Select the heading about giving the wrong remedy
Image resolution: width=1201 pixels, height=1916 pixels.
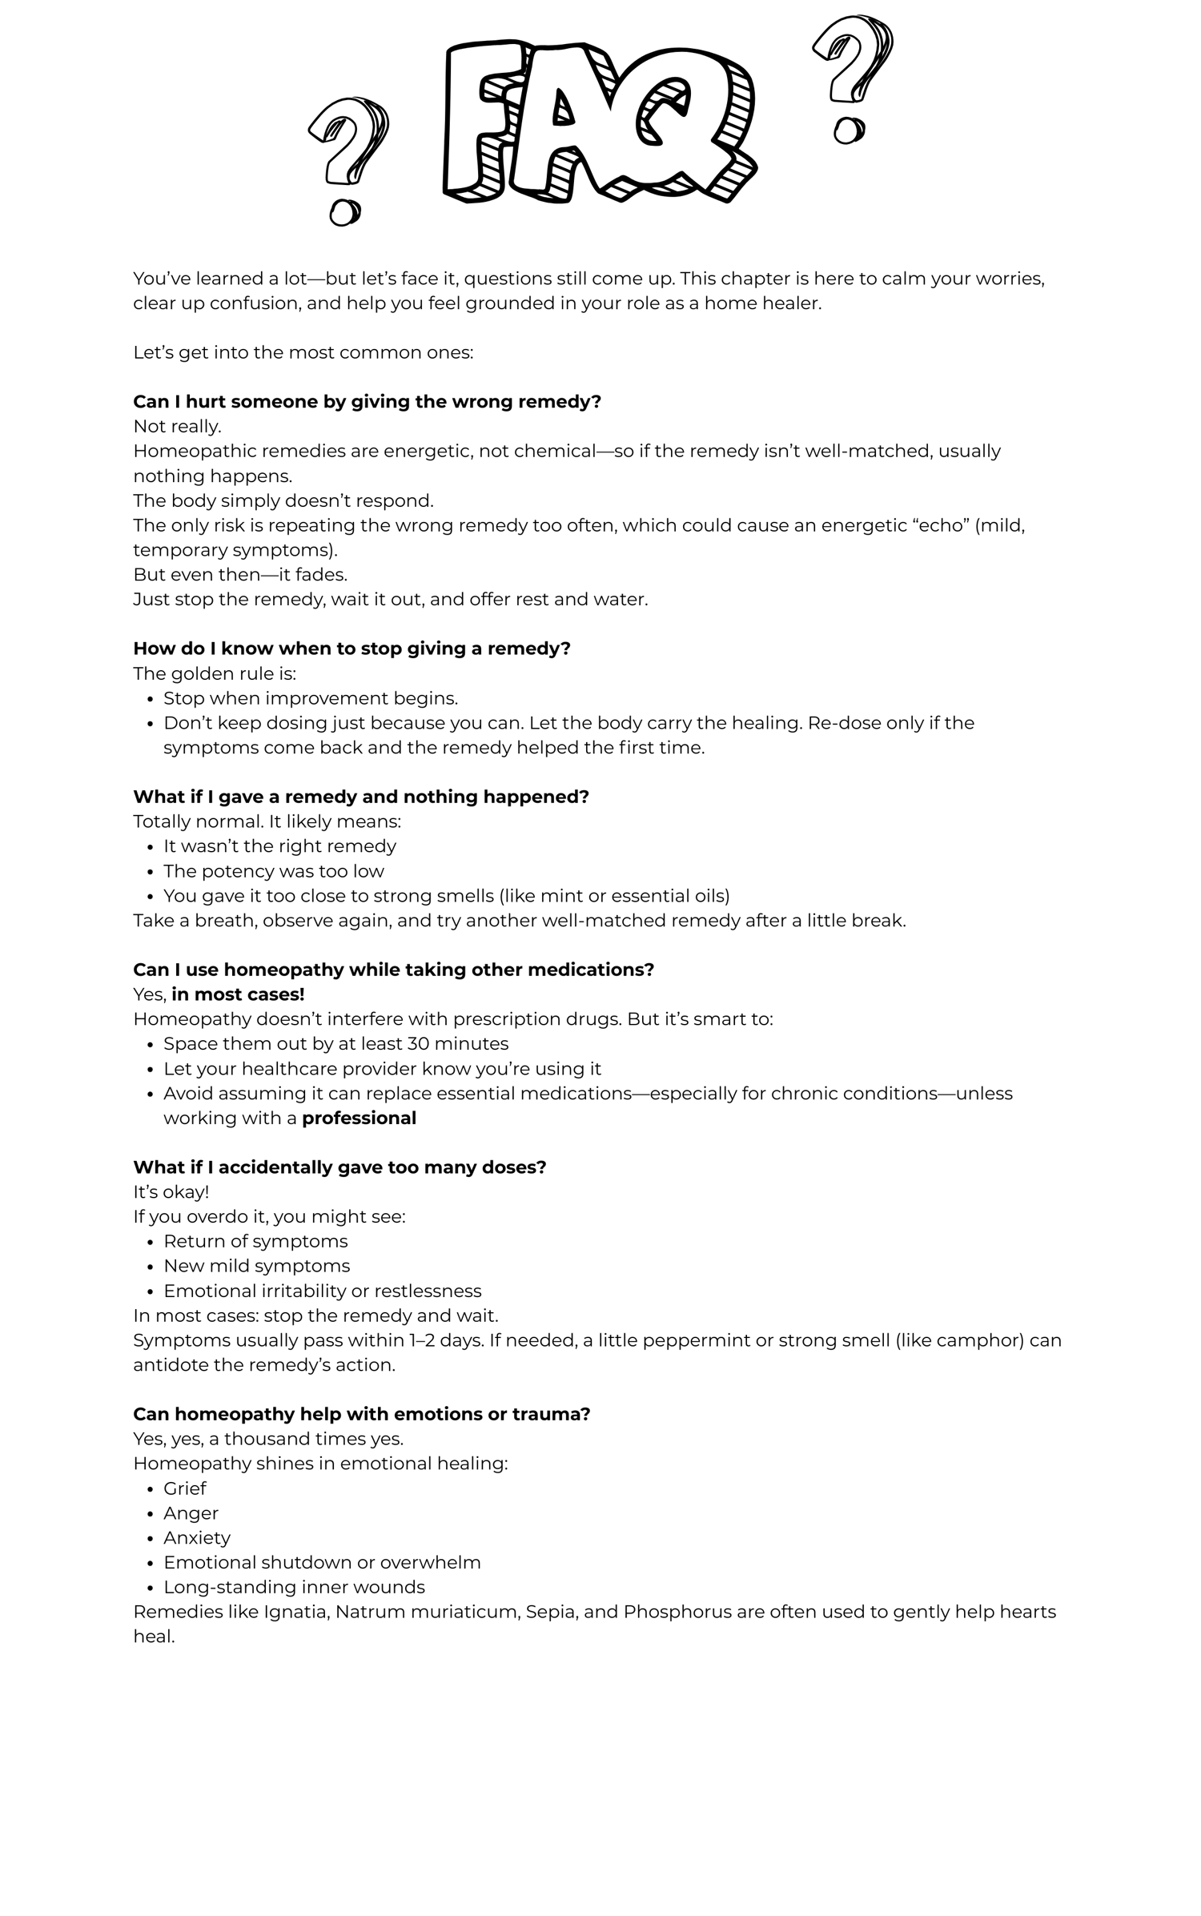[x=367, y=402]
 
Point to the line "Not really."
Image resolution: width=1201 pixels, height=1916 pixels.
[x=177, y=426]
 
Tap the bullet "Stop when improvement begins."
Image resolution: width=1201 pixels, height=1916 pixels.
[x=311, y=698]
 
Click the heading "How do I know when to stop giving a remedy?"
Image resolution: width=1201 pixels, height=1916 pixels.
[x=351, y=649]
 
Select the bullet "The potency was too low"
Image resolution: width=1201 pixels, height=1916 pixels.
[x=274, y=871]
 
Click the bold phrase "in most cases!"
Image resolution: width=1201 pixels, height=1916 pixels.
[x=238, y=994]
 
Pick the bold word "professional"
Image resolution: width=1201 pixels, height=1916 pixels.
[x=359, y=1118]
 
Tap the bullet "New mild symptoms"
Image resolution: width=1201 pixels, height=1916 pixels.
[x=257, y=1266]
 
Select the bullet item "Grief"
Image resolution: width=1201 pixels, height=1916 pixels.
[x=185, y=1488]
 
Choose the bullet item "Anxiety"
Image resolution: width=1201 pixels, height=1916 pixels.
[x=197, y=1537]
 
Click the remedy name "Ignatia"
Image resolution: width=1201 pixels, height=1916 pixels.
[x=296, y=1612]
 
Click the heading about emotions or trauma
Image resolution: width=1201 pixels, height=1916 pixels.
[x=361, y=1414]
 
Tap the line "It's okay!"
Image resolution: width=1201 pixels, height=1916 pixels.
[x=171, y=1191]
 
